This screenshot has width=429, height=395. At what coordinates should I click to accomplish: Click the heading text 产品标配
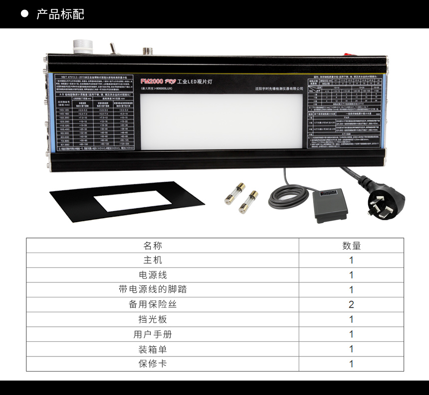(60, 14)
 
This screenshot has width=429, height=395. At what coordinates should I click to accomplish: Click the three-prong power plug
(382, 201)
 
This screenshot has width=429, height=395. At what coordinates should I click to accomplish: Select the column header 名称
(153, 246)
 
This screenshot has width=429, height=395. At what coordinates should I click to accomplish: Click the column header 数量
(351, 246)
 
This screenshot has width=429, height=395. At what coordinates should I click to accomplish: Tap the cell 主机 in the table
(153, 260)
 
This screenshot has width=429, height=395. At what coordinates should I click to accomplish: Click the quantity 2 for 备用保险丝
(351, 304)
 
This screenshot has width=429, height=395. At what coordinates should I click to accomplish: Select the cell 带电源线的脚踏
(153, 289)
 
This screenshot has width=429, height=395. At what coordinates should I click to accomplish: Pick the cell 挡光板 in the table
(153, 319)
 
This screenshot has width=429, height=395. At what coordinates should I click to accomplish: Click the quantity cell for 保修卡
(351, 364)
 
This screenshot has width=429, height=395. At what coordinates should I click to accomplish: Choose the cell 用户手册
(153, 334)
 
